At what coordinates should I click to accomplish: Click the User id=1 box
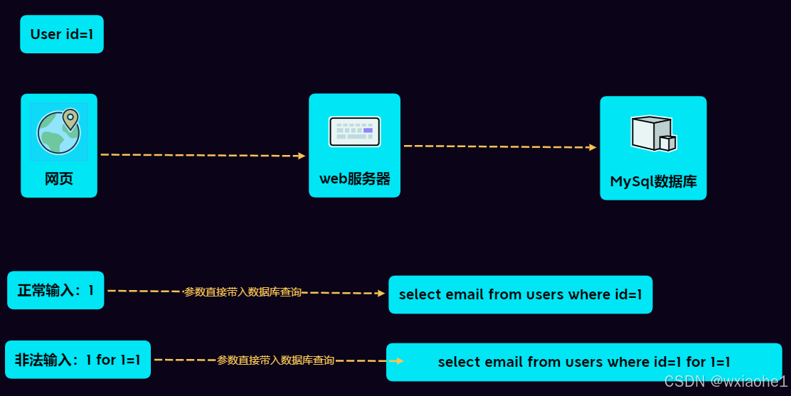[62, 34]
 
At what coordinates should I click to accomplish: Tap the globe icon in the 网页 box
[58, 132]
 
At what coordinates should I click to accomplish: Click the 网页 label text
[59, 178]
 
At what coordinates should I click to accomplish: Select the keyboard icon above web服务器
[354, 131]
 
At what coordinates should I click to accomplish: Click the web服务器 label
[354, 178]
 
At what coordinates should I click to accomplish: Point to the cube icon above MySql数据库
[652, 133]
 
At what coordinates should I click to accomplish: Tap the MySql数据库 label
[653, 181]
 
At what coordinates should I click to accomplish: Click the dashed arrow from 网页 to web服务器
[199, 155]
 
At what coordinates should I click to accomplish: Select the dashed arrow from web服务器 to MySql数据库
[498, 146]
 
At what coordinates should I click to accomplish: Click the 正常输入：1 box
[55, 290]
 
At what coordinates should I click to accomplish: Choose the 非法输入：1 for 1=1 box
[78, 360]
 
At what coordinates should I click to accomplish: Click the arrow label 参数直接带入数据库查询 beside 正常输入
[243, 292]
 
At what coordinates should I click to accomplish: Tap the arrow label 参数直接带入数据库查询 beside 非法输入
[275, 360]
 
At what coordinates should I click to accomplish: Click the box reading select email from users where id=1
[520, 294]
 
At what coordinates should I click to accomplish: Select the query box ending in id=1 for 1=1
[584, 362]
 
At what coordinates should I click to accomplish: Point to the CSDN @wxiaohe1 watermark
[726, 382]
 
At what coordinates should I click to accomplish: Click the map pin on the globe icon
[70, 119]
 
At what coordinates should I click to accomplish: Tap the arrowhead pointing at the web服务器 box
[302, 156]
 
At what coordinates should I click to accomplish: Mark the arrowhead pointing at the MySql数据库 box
[593, 147]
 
